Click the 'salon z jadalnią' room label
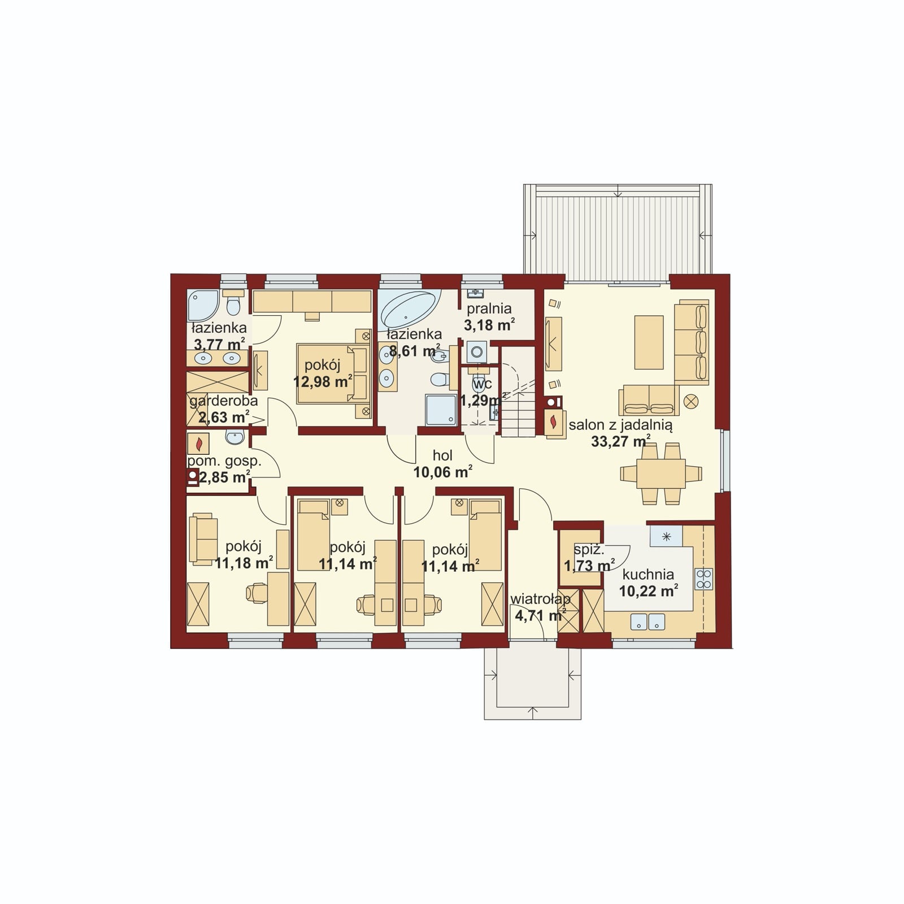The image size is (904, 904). (x=620, y=425)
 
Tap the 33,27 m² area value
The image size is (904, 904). (x=620, y=441)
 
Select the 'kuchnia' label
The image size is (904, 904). (x=648, y=575)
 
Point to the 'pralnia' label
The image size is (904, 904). (x=489, y=308)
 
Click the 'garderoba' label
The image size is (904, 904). (x=224, y=401)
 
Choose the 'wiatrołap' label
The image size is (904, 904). (x=540, y=598)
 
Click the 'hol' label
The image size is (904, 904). (x=442, y=455)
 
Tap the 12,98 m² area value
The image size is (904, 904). (x=323, y=381)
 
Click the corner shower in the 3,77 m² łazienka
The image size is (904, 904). (x=202, y=306)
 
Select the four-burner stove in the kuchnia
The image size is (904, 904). (x=704, y=579)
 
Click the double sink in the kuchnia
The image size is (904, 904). (x=647, y=621)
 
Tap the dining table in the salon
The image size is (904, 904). (x=660, y=473)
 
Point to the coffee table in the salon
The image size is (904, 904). (x=649, y=342)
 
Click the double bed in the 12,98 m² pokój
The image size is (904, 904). (x=332, y=374)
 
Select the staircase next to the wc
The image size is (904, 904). (x=518, y=393)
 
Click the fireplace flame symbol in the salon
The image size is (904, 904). (x=554, y=422)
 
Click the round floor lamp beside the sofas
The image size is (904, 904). (x=691, y=402)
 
